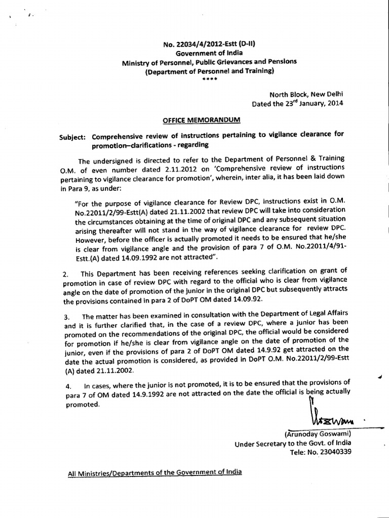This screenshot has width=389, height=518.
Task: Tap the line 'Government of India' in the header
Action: pyautogui.click(x=209, y=53)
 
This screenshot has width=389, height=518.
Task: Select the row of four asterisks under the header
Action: pyautogui.click(x=209, y=78)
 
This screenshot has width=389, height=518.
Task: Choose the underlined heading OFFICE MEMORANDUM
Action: pyautogui.click(x=202, y=120)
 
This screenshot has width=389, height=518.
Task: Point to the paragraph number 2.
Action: pyautogui.click(x=65, y=275)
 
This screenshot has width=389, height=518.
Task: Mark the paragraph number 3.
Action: pyautogui.click(x=66, y=317)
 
